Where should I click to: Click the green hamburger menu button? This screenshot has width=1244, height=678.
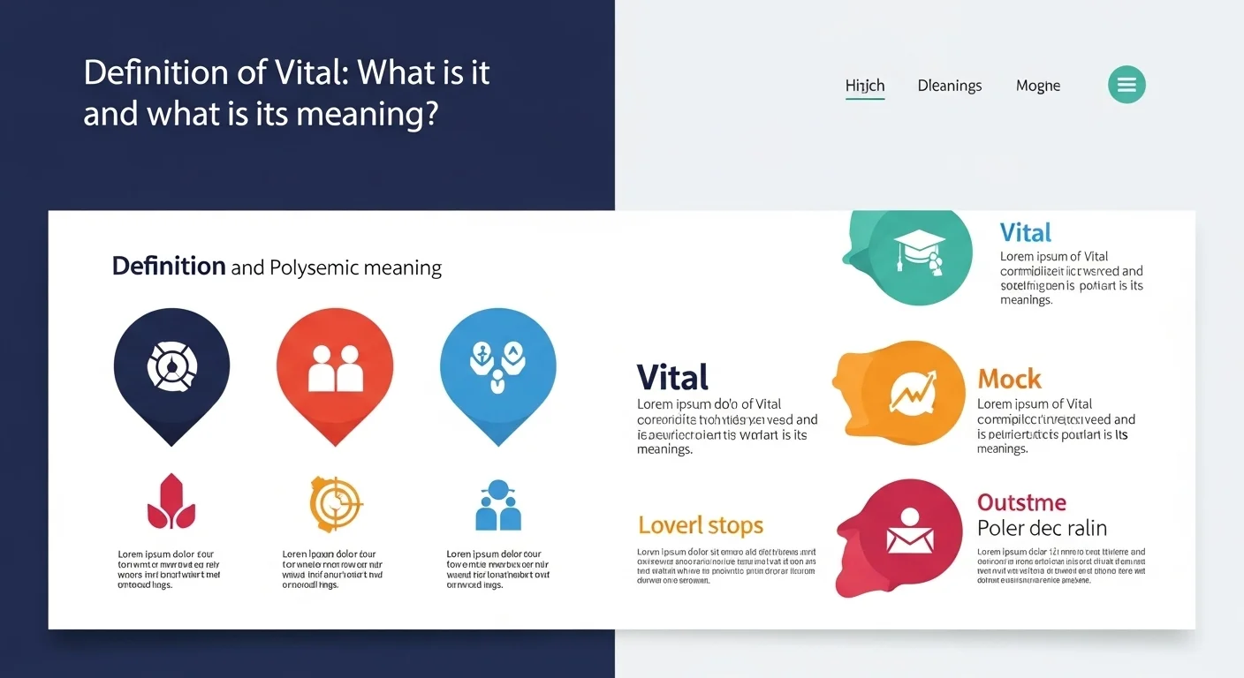(x=1126, y=85)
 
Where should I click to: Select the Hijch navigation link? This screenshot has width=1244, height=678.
(x=865, y=86)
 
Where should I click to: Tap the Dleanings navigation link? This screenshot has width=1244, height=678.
(x=950, y=86)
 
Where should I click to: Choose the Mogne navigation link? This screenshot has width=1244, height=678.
(x=1038, y=86)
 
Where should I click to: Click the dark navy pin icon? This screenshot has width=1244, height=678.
(x=171, y=365)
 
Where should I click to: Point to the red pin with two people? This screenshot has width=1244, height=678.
(x=335, y=365)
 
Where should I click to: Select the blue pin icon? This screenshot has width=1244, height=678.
(x=498, y=365)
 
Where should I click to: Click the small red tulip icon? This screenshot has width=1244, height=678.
(x=171, y=502)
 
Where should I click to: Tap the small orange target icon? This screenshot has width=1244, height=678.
(x=336, y=503)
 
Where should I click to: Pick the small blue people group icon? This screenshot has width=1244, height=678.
(x=498, y=505)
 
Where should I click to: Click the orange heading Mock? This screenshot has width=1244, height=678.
(x=1009, y=380)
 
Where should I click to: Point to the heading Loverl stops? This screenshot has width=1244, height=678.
(x=700, y=526)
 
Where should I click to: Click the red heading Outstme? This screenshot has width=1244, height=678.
(x=1021, y=503)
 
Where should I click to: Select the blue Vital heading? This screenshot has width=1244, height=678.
(x=1026, y=233)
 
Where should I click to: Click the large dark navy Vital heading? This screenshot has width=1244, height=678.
(x=672, y=378)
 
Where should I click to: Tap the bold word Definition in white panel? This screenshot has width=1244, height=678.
(x=169, y=266)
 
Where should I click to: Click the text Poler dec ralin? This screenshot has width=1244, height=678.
(x=1042, y=529)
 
